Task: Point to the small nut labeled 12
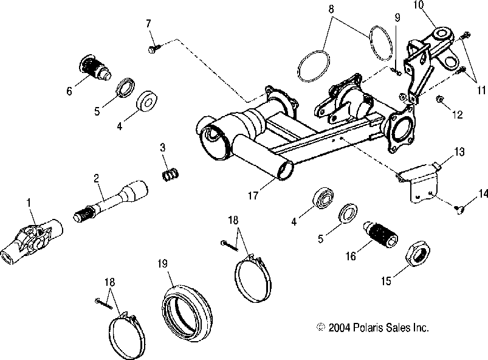pyautogui.click(x=441, y=99)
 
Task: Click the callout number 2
pyautogui.click(x=96, y=179)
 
